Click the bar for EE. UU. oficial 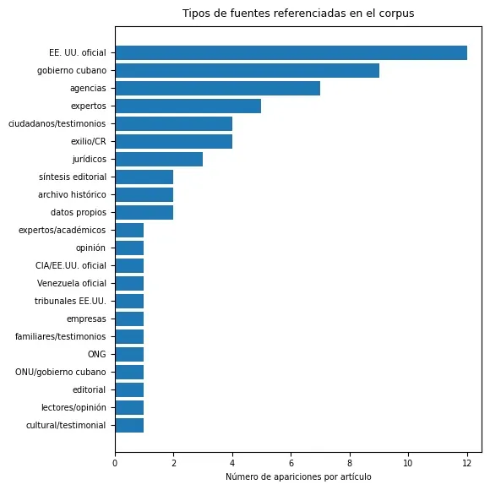[291, 52]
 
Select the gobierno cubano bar [248, 70]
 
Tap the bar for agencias [218, 88]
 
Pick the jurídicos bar [159, 159]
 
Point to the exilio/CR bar [174, 141]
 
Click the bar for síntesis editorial [144, 177]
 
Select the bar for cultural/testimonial [130, 425]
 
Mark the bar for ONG [130, 354]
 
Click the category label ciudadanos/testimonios [57, 123]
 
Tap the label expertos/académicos [63, 231]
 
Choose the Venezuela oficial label [72, 283]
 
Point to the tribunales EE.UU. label [70, 301]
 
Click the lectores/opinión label [73, 407]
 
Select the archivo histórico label [72, 194]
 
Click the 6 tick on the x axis [291, 463]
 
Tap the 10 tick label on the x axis [408, 463]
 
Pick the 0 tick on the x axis [115, 463]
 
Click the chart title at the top [298, 14]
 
